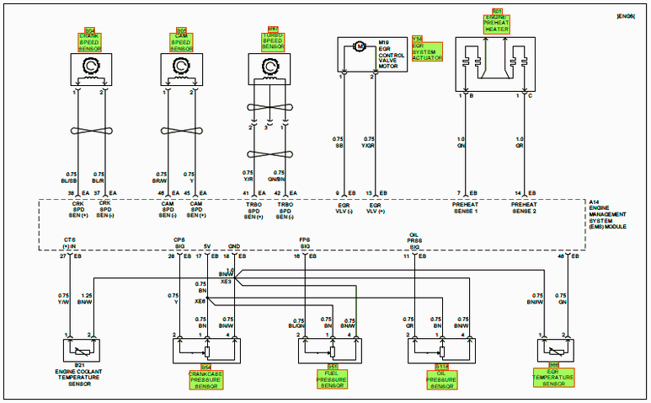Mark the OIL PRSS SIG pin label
click(x=414, y=241)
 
